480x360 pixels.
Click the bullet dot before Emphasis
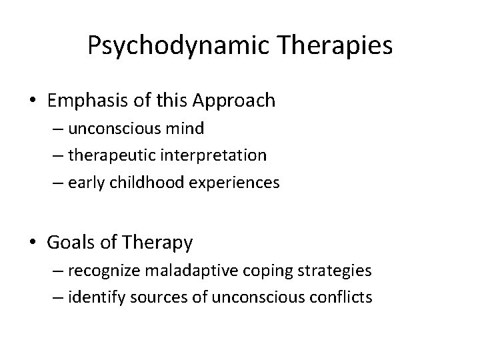(33, 101)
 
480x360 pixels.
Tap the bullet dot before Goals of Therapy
(33, 243)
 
